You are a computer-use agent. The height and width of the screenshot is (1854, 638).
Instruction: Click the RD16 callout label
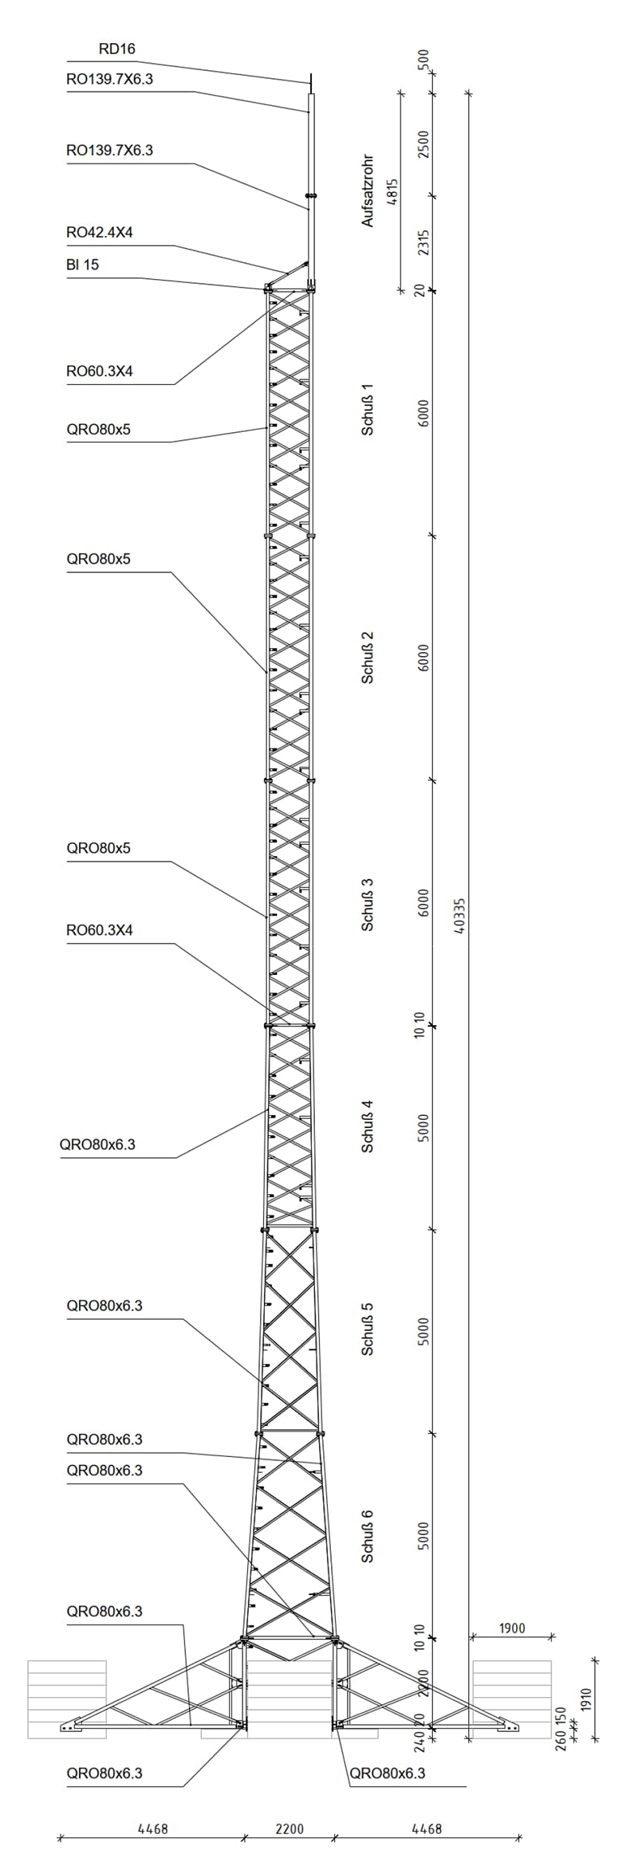pyautogui.click(x=116, y=49)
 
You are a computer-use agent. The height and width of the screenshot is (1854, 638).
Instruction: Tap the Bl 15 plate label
pyautogui.click(x=83, y=265)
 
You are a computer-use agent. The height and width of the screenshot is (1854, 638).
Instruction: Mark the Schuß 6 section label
pyautogui.click(x=368, y=1536)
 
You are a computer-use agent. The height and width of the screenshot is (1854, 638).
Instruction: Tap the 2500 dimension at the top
pyautogui.click(x=424, y=145)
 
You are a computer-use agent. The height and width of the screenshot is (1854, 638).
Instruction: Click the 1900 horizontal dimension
pyautogui.click(x=512, y=1628)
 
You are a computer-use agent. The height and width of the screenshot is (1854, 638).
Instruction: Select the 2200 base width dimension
pyautogui.click(x=289, y=1807)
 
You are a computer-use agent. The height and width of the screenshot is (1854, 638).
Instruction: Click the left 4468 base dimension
pyautogui.click(x=153, y=1807)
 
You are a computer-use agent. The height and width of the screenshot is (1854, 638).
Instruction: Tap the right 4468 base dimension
pyautogui.click(x=427, y=1807)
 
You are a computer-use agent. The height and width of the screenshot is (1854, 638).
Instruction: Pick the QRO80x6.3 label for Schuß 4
pyautogui.click(x=97, y=1145)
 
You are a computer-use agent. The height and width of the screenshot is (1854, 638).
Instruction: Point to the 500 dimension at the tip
pyautogui.click(x=424, y=58)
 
